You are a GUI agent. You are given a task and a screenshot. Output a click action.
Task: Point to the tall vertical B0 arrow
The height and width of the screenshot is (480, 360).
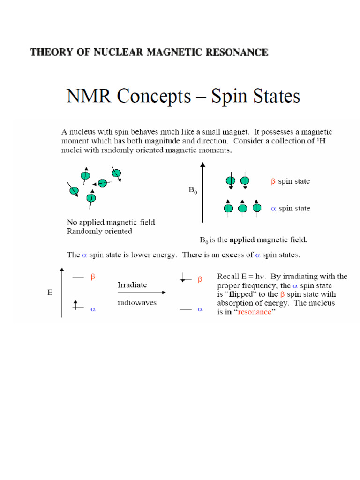202,192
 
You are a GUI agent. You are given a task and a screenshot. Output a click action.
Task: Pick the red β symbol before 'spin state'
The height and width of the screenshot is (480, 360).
273,181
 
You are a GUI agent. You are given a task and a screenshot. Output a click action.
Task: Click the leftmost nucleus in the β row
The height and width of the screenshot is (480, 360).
231,181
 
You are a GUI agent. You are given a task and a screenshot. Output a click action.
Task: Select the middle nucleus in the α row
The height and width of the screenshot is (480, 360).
242,208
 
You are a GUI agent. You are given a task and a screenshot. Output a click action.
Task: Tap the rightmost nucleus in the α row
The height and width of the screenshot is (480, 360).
256,207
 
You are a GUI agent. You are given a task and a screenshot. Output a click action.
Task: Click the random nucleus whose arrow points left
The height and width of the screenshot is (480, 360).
102,183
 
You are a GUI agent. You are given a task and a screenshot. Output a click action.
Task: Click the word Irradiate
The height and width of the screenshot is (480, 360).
132,285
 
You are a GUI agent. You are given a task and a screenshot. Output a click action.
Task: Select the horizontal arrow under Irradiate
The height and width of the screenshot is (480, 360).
141,292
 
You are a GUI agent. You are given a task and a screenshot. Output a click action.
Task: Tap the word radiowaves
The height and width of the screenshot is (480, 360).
136,303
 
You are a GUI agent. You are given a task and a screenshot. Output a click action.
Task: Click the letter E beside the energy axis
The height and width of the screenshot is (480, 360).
50,292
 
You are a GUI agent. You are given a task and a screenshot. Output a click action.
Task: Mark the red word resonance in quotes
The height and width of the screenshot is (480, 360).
255,312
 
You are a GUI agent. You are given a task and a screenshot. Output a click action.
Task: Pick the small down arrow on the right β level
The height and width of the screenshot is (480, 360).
183,278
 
